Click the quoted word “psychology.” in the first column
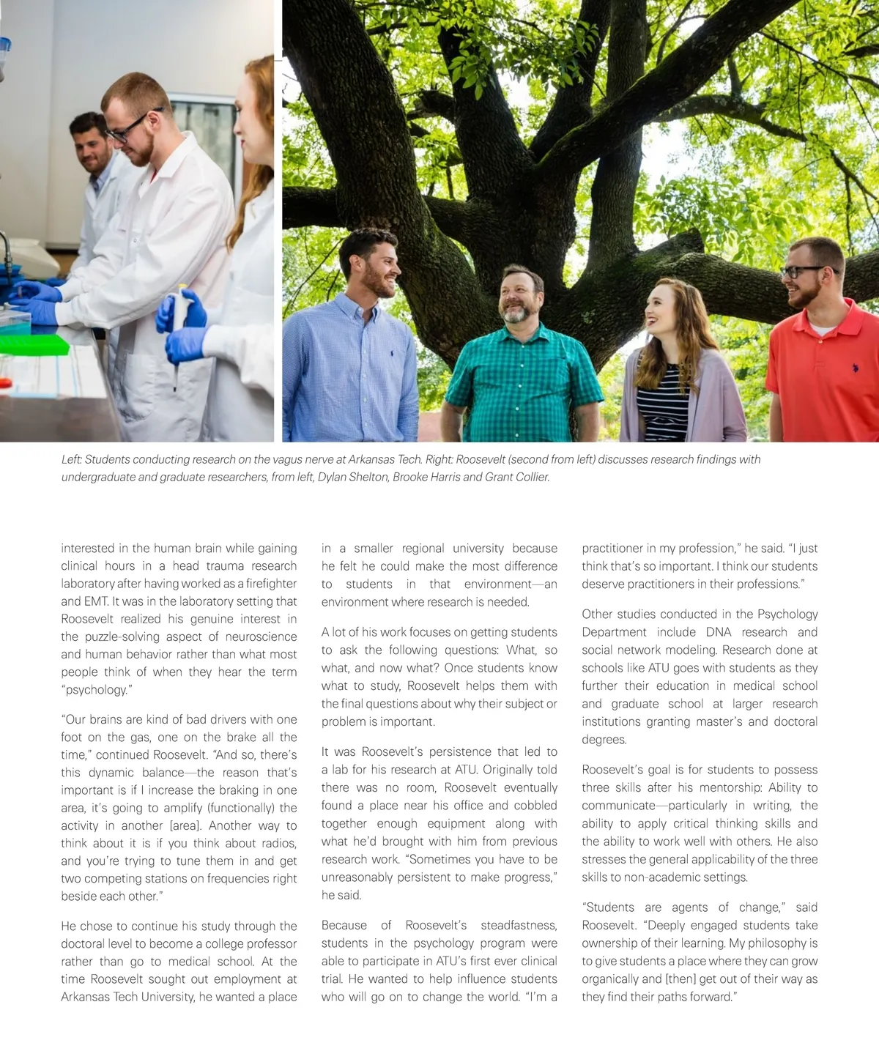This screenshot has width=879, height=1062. pyautogui.click(x=97, y=690)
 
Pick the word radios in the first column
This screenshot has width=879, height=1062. pyautogui.click(x=279, y=844)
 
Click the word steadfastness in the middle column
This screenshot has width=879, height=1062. pyautogui.click(x=519, y=926)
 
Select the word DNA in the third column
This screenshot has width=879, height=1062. pyautogui.click(x=719, y=632)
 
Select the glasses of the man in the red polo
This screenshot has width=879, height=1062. pyautogui.click(x=801, y=272)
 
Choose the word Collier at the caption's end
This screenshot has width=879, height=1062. pyautogui.click(x=529, y=478)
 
